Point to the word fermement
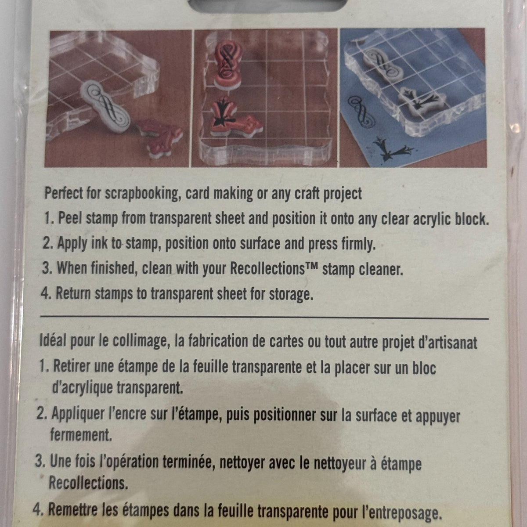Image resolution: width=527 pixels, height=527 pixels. [x=81, y=435]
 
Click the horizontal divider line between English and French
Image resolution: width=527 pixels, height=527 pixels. [x=264, y=318]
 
